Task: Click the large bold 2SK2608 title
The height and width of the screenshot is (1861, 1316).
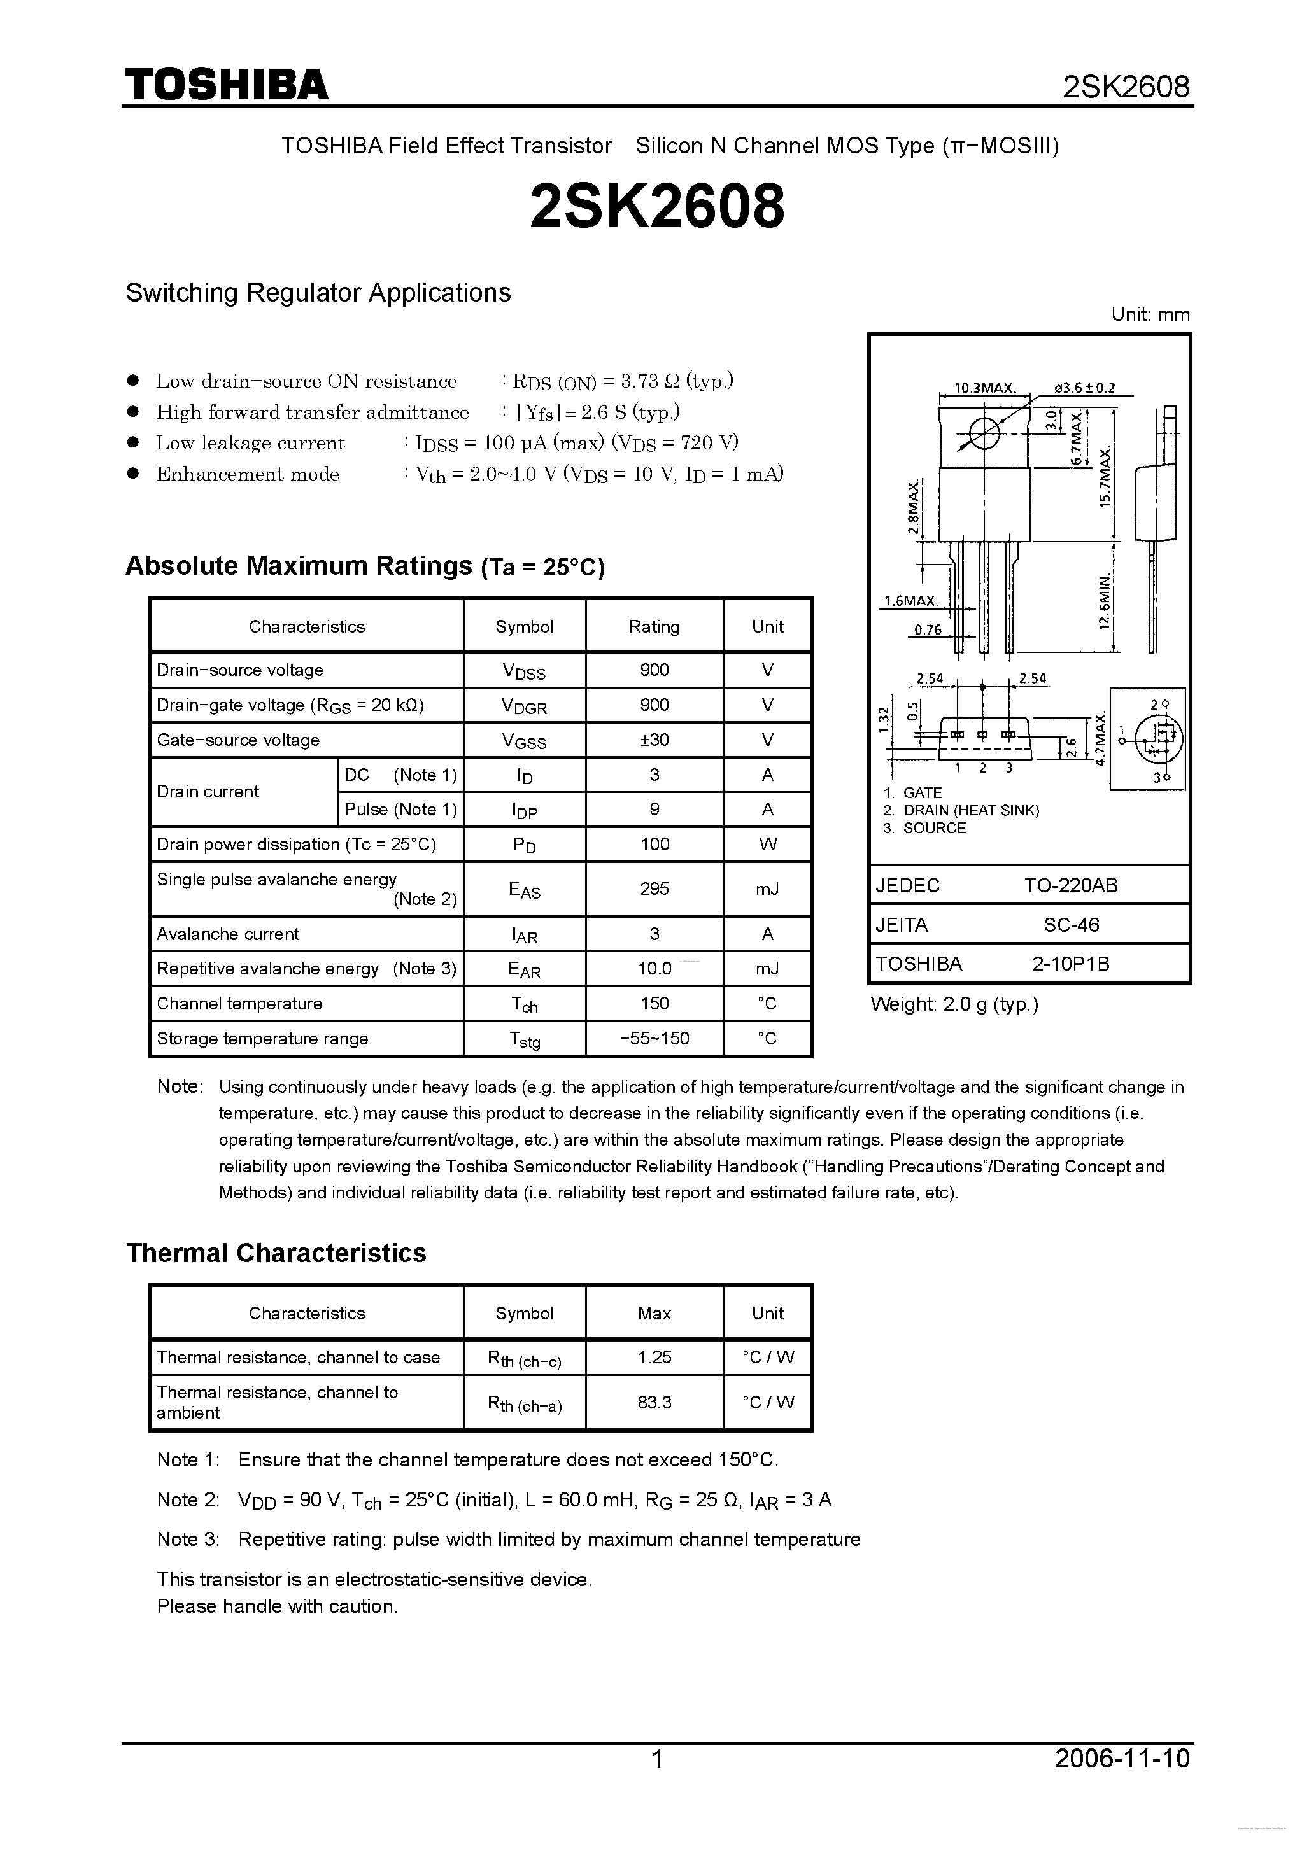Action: [657, 206]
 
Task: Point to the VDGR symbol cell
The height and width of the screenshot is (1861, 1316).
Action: [524, 705]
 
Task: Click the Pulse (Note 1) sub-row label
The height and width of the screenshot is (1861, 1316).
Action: [400, 809]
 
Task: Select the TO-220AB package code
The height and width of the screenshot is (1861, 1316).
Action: [1070, 885]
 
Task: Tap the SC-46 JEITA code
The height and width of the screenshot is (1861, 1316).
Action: [1070, 925]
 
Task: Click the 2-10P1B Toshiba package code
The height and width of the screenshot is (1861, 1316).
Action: [1070, 964]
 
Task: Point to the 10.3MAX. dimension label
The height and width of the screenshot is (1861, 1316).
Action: [984, 388]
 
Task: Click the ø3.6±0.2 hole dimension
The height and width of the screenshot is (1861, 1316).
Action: [1084, 388]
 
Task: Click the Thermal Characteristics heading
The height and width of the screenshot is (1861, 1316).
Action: [276, 1253]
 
